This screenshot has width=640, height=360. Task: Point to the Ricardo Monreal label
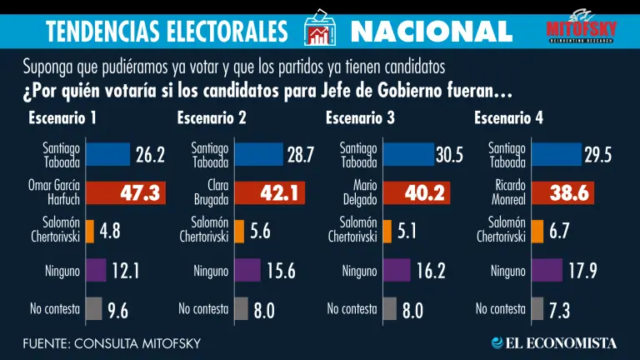coord(506,193)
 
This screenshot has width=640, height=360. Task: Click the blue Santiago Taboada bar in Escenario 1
coord(107,155)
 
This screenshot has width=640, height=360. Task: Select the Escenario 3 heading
coord(360,117)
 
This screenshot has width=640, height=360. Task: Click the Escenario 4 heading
coord(508,117)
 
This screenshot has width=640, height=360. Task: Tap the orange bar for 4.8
coord(90,232)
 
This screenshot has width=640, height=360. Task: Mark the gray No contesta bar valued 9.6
coord(93,308)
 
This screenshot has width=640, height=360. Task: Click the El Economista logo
coord(554,342)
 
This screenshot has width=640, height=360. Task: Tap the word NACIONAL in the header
coord(431,32)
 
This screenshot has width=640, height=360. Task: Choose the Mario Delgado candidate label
coord(358,193)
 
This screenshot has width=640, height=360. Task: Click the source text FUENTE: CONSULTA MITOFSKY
coord(112,343)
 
